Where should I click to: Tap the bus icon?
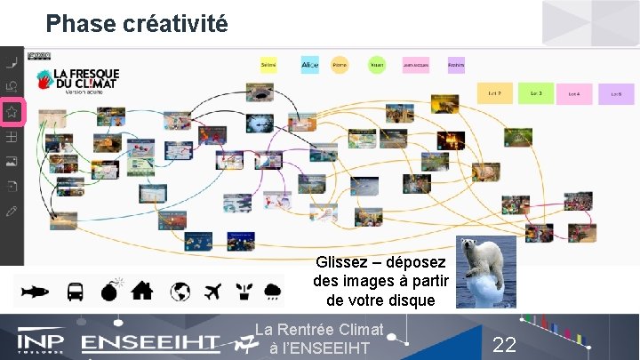click(x=76, y=291)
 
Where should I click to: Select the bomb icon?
click(x=110, y=291)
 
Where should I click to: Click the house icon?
click(x=142, y=291)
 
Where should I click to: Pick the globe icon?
click(x=180, y=291)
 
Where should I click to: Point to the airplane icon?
click(x=212, y=291)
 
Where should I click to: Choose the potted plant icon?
click(x=243, y=291)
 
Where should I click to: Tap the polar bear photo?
click(x=485, y=271)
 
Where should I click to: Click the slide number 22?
click(x=504, y=345)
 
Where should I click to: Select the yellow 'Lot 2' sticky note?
click(x=495, y=93)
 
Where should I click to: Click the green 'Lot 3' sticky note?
click(x=536, y=93)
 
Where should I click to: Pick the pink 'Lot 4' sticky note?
click(x=574, y=93)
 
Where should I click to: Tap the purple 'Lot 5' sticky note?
click(x=615, y=93)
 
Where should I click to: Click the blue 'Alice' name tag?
click(x=309, y=65)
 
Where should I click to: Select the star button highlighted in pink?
click(x=12, y=113)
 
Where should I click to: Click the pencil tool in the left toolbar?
click(x=12, y=212)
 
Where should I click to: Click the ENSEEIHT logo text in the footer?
click(x=151, y=343)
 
